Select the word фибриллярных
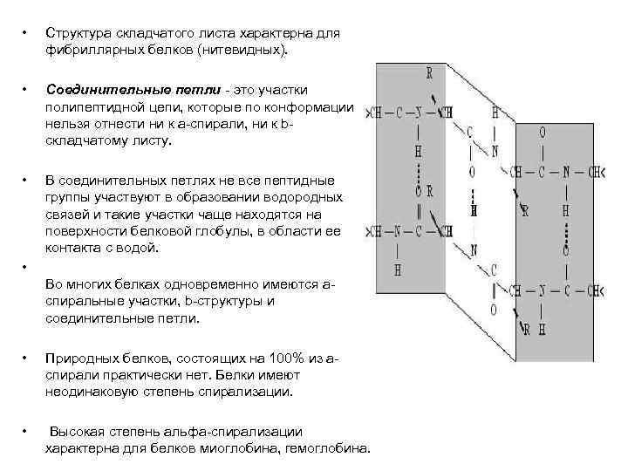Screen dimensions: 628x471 pos(87,51)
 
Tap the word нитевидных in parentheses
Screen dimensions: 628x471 pos(241,51)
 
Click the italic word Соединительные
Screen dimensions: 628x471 pos(96,90)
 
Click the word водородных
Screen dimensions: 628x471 pos(304,198)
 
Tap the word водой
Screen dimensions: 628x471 pos(137,249)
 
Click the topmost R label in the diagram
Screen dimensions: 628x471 pos(429,73)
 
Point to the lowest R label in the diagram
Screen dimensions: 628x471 pos(527,330)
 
